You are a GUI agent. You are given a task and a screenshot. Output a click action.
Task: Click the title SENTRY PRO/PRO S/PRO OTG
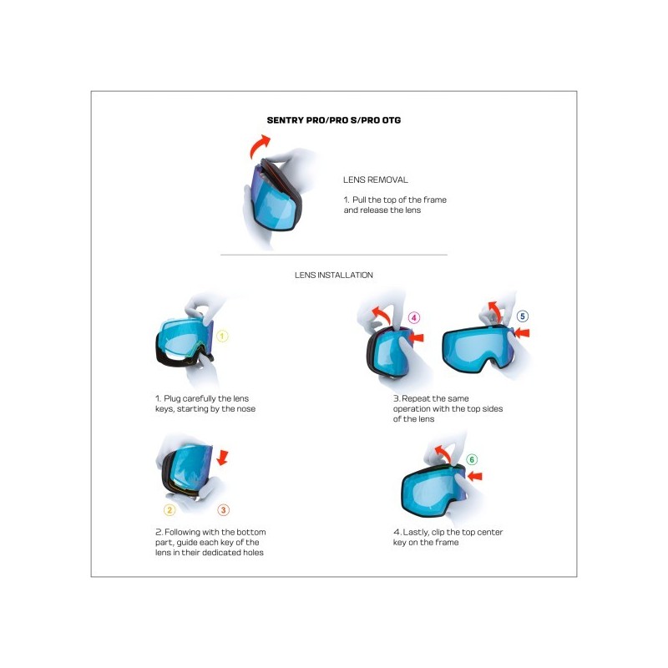(x=333, y=120)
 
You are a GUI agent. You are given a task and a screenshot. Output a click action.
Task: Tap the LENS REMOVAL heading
(x=375, y=180)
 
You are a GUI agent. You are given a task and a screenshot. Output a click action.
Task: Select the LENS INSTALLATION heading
(x=333, y=276)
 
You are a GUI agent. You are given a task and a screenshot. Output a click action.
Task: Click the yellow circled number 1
(x=222, y=337)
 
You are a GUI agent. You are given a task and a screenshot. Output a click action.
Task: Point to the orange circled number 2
(x=170, y=510)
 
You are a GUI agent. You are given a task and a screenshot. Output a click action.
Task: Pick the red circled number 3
(x=223, y=510)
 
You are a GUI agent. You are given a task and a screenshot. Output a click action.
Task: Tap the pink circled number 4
(x=413, y=317)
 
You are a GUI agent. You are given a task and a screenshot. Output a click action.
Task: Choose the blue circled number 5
(x=523, y=316)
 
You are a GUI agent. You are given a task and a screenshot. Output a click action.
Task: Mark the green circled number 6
(x=472, y=459)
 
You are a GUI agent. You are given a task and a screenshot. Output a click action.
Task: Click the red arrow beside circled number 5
(x=523, y=332)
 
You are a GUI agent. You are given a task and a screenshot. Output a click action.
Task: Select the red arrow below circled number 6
(x=474, y=476)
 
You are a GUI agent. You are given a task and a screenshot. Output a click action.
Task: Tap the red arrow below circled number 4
(x=416, y=338)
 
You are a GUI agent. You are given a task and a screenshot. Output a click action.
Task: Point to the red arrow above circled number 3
(x=222, y=457)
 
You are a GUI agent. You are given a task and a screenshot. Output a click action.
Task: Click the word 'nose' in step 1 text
(x=245, y=409)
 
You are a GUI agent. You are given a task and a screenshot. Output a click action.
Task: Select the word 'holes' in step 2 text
(x=253, y=553)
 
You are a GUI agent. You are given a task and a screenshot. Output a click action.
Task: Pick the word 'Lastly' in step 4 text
(x=415, y=533)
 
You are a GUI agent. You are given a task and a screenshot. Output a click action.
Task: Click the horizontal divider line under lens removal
(x=334, y=255)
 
